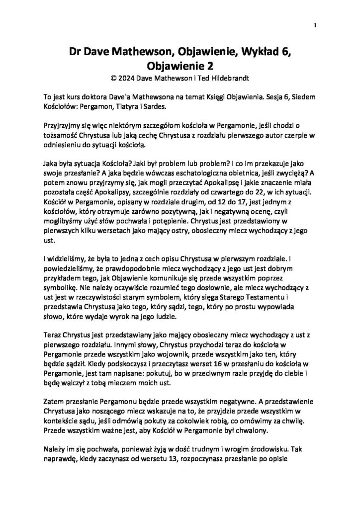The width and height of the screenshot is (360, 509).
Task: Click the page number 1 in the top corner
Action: tap(316, 25)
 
